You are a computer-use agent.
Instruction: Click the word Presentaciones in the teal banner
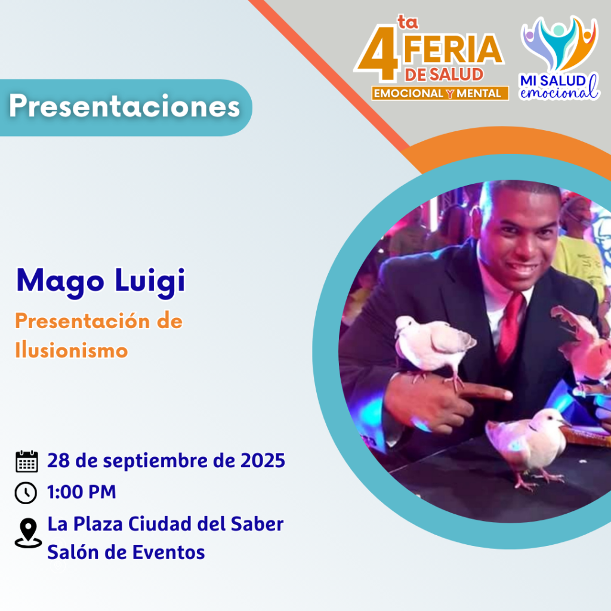click(x=125, y=106)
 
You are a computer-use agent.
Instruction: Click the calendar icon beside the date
click(x=26, y=461)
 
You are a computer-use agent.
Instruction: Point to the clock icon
click(x=26, y=492)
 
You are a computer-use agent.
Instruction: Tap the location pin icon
click(x=28, y=533)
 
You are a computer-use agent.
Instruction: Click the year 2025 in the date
click(x=263, y=461)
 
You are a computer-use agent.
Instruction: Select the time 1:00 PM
click(x=81, y=492)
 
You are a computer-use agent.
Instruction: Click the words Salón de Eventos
click(x=126, y=552)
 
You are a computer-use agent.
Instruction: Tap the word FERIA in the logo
click(x=453, y=50)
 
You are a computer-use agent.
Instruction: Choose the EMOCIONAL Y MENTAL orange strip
click(x=440, y=94)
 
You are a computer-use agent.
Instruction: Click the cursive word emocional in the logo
click(x=559, y=92)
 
